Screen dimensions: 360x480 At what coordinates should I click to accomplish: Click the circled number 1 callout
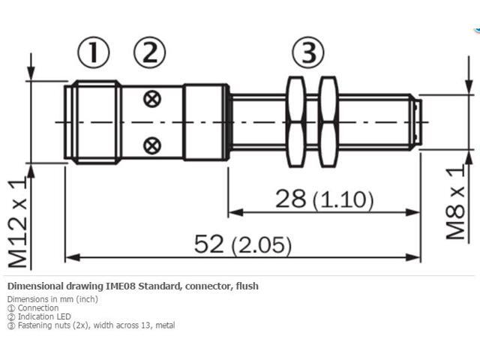(94, 52)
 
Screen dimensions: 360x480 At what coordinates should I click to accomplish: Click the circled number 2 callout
(149, 52)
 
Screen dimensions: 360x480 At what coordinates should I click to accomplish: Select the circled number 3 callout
(308, 52)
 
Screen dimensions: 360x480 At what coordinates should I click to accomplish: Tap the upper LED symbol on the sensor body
(153, 98)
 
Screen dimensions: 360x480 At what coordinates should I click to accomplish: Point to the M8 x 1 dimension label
(455, 203)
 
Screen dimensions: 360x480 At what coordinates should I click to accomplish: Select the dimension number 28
(291, 199)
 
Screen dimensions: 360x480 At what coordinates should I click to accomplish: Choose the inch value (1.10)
(343, 199)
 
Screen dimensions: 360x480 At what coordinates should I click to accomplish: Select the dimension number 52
(210, 244)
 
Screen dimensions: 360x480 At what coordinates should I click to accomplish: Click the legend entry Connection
(38, 308)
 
